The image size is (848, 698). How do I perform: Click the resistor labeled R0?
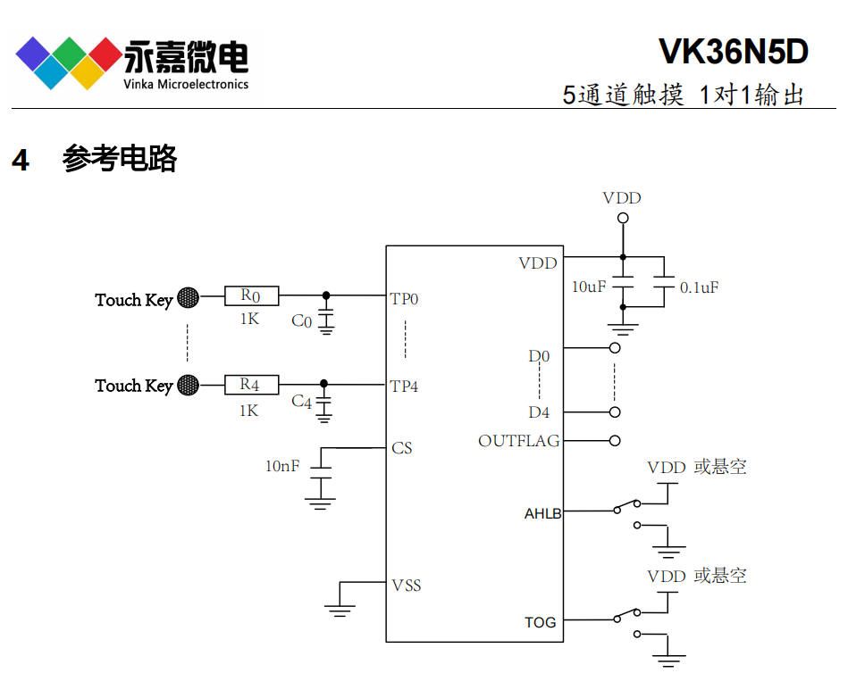pyautogui.click(x=252, y=295)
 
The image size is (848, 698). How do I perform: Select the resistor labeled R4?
pyautogui.click(x=252, y=385)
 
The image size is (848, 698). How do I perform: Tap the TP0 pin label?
pyautogui.click(x=404, y=298)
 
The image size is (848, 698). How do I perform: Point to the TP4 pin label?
pyautogui.click(x=404, y=386)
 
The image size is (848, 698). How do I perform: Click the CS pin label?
pyautogui.click(x=402, y=447)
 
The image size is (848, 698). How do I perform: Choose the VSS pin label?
pyautogui.click(x=407, y=586)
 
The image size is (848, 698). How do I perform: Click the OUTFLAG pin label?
pyautogui.click(x=519, y=441)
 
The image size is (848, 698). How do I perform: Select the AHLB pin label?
pyautogui.click(x=543, y=513)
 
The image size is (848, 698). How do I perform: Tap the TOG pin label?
pyautogui.click(x=540, y=622)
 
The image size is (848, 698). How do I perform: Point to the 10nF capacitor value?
pyautogui.click(x=282, y=466)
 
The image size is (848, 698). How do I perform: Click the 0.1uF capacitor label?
pyautogui.click(x=699, y=287)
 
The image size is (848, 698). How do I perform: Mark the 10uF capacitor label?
pyautogui.click(x=589, y=287)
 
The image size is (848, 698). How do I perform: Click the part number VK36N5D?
pyautogui.click(x=733, y=53)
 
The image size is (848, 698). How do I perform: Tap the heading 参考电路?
pyautogui.click(x=120, y=159)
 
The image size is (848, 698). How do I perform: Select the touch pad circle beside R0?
pyautogui.click(x=188, y=297)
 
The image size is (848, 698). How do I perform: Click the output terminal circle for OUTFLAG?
pyautogui.click(x=615, y=440)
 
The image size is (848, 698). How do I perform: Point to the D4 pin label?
pyautogui.click(x=539, y=412)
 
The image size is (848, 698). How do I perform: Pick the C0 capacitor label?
pyautogui.click(x=302, y=321)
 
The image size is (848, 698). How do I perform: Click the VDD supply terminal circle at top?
pyautogui.click(x=623, y=218)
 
